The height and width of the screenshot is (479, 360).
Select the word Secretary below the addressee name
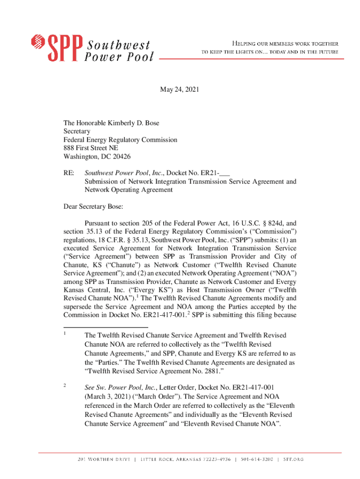pyautogui.click(x=77, y=131)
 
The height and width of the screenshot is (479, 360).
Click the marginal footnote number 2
pyautogui.click(x=65, y=385)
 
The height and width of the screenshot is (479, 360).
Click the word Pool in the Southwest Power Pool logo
pyautogui.click(x=140, y=58)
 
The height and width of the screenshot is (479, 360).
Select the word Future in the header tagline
pyautogui.click(x=327, y=52)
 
